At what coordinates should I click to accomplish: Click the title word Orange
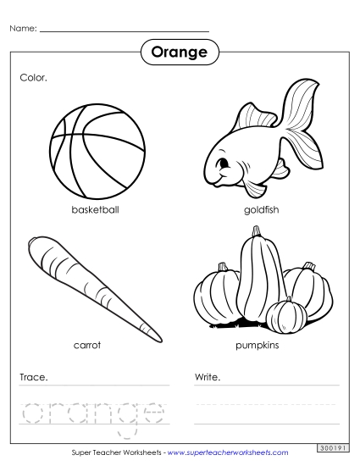(x=179, y=53)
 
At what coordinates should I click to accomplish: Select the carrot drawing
(x=89, y=284)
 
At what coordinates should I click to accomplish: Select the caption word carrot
(x=88, y=346)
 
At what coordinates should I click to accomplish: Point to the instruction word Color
(x=33, y=77)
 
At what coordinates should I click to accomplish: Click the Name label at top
(x=23, y=29)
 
